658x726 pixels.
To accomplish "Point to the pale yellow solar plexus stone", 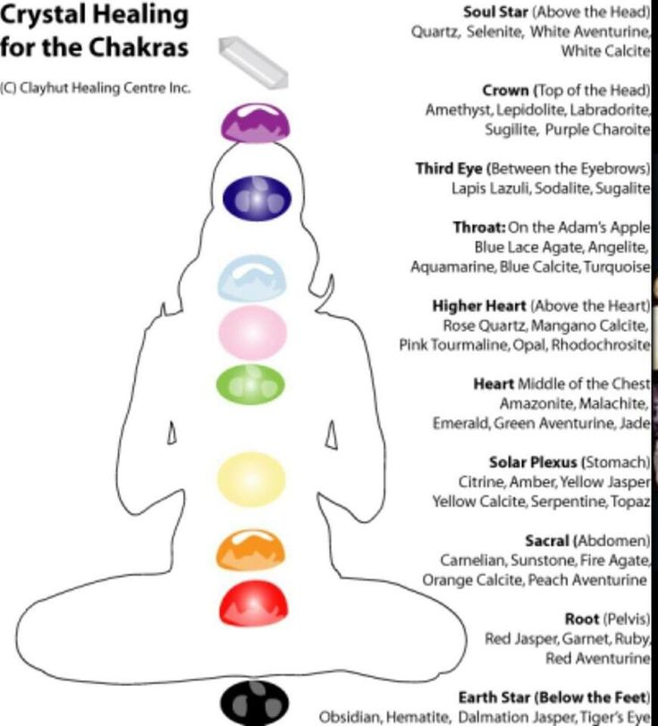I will click(x=251, y=475).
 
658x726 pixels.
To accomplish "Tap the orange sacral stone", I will click(x=251, y=550).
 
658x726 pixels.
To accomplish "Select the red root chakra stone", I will click(x=253, y=604).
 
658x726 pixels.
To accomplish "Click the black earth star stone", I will click(x=255, y=702).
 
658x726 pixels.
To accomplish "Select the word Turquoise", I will click(x=620, y=266).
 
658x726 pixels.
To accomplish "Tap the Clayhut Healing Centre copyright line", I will click(x=96, y=89).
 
